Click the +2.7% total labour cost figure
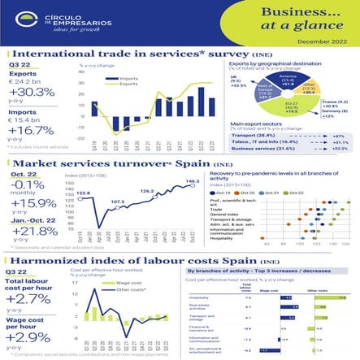pos(30,299)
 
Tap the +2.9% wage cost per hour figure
pos(30,336)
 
